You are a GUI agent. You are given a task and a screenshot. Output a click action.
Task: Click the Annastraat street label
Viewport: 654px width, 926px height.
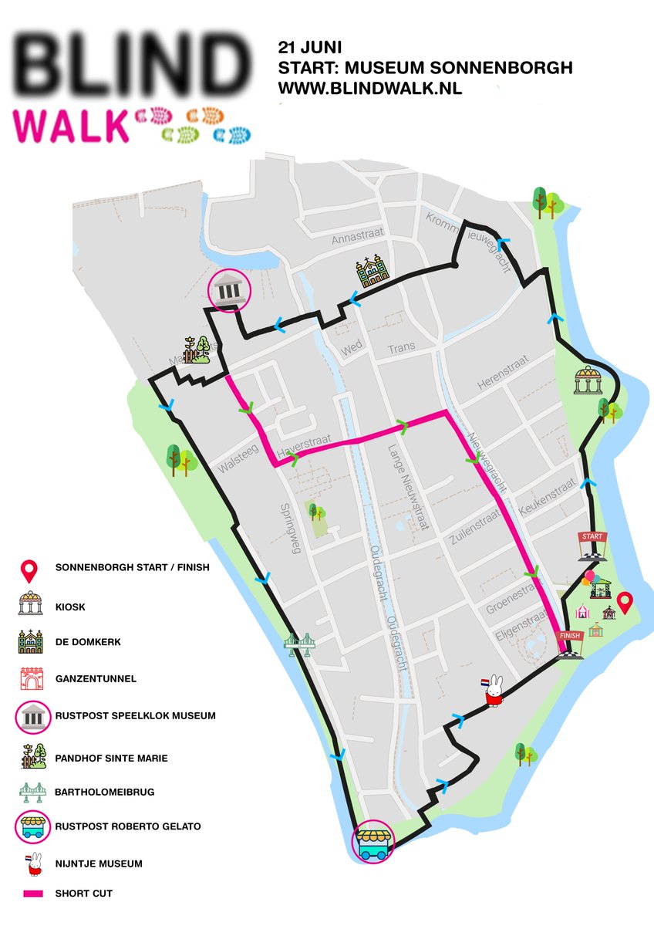point(356,240)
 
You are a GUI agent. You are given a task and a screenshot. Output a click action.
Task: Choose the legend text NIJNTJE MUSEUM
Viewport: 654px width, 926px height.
point(99,863)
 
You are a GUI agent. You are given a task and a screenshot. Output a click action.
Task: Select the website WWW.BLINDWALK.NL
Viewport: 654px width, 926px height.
point(370,88)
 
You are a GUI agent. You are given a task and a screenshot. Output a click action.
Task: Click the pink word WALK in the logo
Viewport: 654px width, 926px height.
point(71,126)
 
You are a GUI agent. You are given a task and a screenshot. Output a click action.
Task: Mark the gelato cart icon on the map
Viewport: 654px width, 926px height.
point(373,842)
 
